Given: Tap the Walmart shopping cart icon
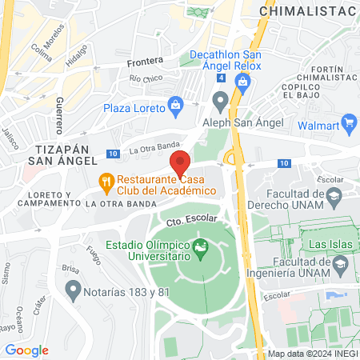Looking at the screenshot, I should point(348,123).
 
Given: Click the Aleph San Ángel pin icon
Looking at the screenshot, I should point(220,101).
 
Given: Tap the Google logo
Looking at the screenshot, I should point(26,350).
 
